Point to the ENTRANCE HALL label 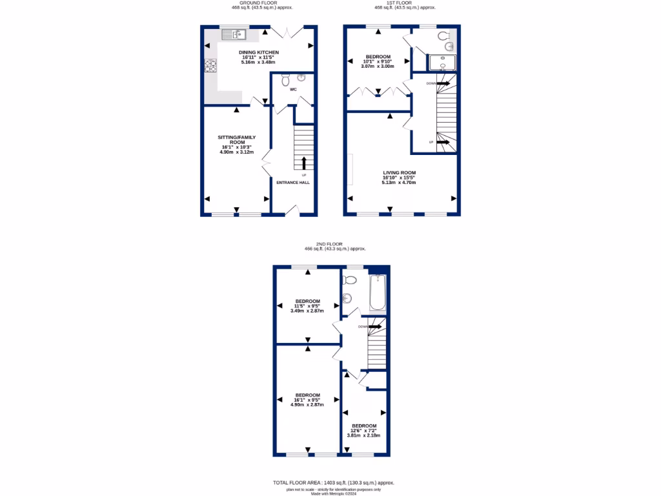click(x=293, y=183)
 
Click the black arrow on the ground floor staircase click(x=304, y=162)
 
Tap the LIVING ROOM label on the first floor click(x=399, y=172)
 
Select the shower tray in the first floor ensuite click(x=442, y=63)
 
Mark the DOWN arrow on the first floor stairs click(x=443, y=83)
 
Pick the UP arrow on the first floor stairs click(x=443, y=142)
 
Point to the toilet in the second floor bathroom click(x=350, y=280)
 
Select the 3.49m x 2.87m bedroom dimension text click(x=307, y=311)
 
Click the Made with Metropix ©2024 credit click(x=330, y=493)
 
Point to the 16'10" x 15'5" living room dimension click(x=399, y=178)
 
